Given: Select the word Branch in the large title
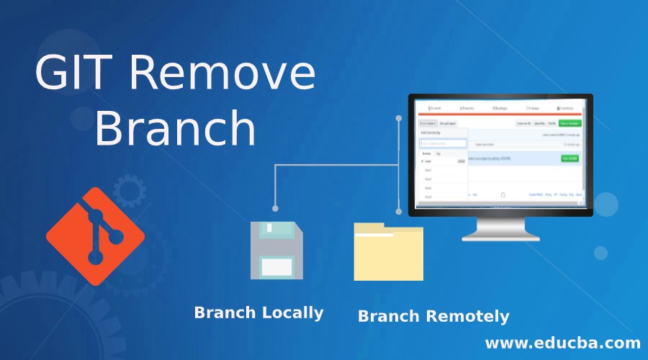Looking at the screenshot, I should [175, 130].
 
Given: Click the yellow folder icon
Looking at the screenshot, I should [387, 252].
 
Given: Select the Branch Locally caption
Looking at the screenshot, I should [258, 312].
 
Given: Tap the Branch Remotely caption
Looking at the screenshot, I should [433, 315].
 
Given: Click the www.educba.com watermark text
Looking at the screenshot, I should [562, 341].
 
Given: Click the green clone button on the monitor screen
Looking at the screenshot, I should [571, 124].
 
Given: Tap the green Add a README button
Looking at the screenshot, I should [570, 157].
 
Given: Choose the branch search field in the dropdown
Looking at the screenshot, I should [443, 143].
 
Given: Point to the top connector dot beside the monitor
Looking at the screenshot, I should [398, 115].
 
